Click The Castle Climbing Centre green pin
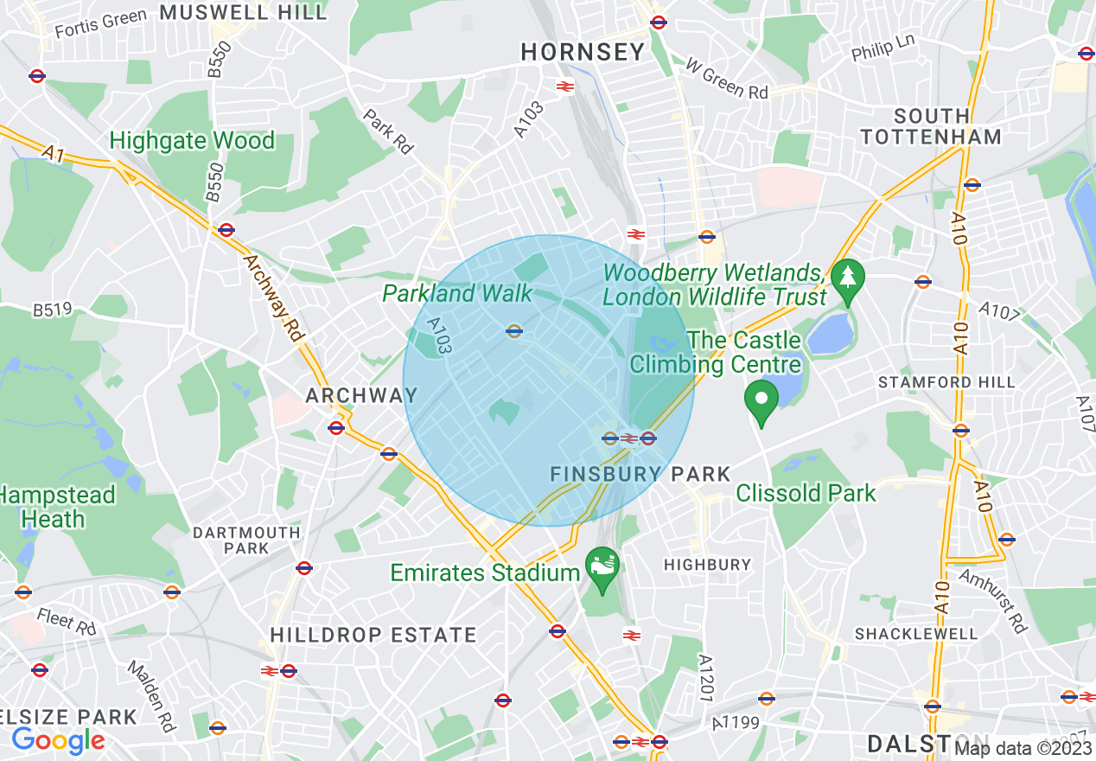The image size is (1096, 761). [x=762, y=399]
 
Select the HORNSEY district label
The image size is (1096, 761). [x=583, y=52]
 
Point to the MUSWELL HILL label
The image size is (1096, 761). [x=244, y=12]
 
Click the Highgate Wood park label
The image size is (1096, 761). [x=192, y=140]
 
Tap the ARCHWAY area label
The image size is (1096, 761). [x=361, y=395]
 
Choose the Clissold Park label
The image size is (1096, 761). [x=806, y=493]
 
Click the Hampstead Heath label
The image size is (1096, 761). [x=57, y=507]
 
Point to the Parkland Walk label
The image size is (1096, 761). [x=458, y=293]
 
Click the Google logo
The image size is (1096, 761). [x=58, y=740]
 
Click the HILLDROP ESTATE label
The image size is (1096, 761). [x=373, y=635]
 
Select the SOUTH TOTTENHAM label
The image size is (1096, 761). [x=931, y=126]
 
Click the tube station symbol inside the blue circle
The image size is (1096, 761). [x=513, y=330]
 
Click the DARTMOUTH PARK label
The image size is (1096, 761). [x=246, y=540]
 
